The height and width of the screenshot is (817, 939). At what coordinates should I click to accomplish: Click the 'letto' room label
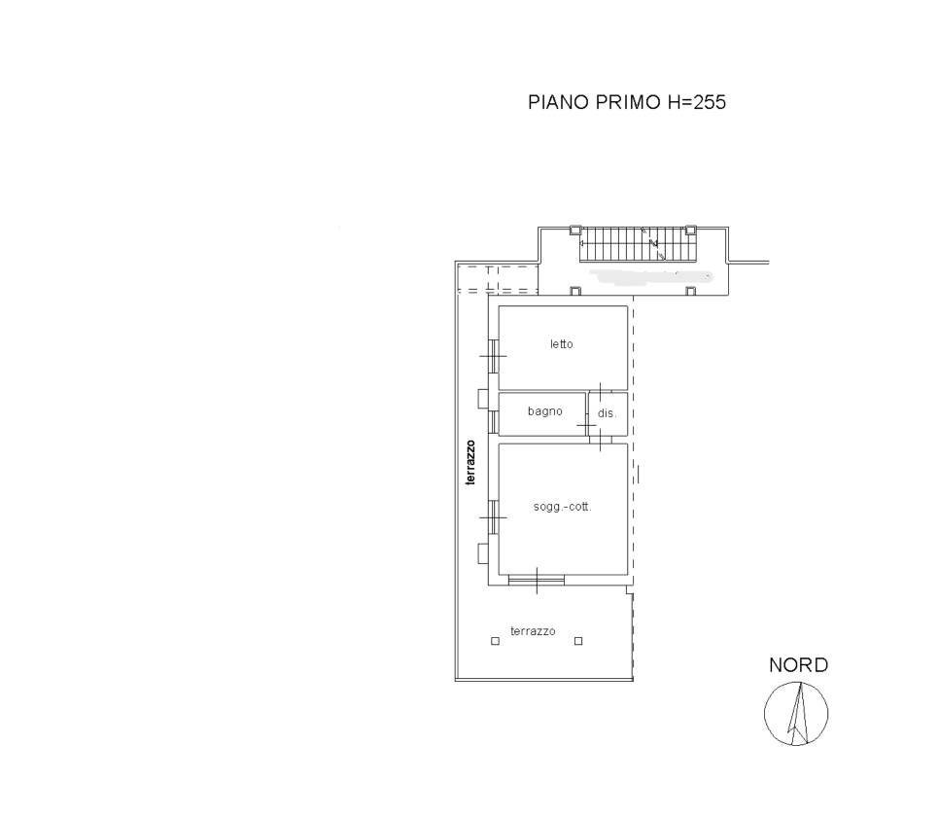tap(562, 344)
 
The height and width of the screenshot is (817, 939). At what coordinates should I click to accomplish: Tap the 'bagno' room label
tap(545, 411)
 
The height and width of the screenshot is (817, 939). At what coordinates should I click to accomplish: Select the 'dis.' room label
tap(607, 413)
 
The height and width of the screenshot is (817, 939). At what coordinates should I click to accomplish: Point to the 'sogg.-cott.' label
tap(562, 507)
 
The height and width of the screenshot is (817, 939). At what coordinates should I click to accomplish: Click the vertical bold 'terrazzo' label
tap(470, 462)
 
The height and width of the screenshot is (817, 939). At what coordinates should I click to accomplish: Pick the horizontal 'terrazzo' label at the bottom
tap(533, 630)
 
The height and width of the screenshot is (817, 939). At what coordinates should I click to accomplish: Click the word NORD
tap(798, 664)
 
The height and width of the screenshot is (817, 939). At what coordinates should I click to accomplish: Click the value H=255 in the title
tap(696, 102)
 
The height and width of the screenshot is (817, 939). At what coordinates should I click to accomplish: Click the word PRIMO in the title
tap(628, 102)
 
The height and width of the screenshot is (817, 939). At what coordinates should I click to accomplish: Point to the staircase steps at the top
tap(637, 244)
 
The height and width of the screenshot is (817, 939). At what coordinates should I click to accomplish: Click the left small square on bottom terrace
tap(495, 641)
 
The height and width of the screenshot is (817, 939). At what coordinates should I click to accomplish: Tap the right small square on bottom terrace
tap(578, 641)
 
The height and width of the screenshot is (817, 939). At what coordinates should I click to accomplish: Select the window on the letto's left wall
tap(494, 356)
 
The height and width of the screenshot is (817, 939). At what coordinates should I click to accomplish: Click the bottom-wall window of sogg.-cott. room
tap(537, 580)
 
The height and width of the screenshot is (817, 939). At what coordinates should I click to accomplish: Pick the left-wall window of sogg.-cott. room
tap(494, 516)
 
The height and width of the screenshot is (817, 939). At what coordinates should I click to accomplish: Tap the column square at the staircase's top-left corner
tap(574, 231)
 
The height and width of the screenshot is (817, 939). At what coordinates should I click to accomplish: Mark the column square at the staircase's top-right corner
tap(690, 231)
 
